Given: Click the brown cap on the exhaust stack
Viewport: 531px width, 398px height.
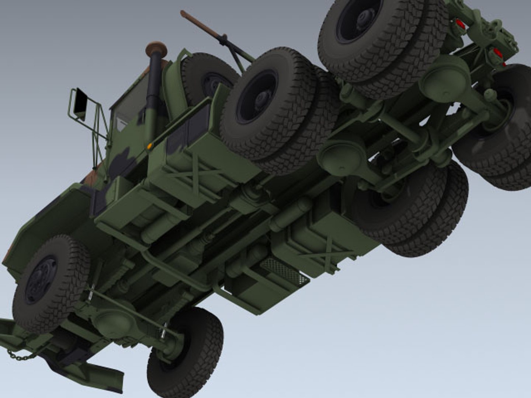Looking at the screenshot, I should (x=156, y=48).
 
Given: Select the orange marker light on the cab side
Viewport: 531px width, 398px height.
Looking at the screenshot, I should (x=150, y=146).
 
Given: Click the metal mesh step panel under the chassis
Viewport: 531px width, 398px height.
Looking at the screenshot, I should (x=284, y=271).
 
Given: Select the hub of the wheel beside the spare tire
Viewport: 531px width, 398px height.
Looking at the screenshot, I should (x=260, y=98).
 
